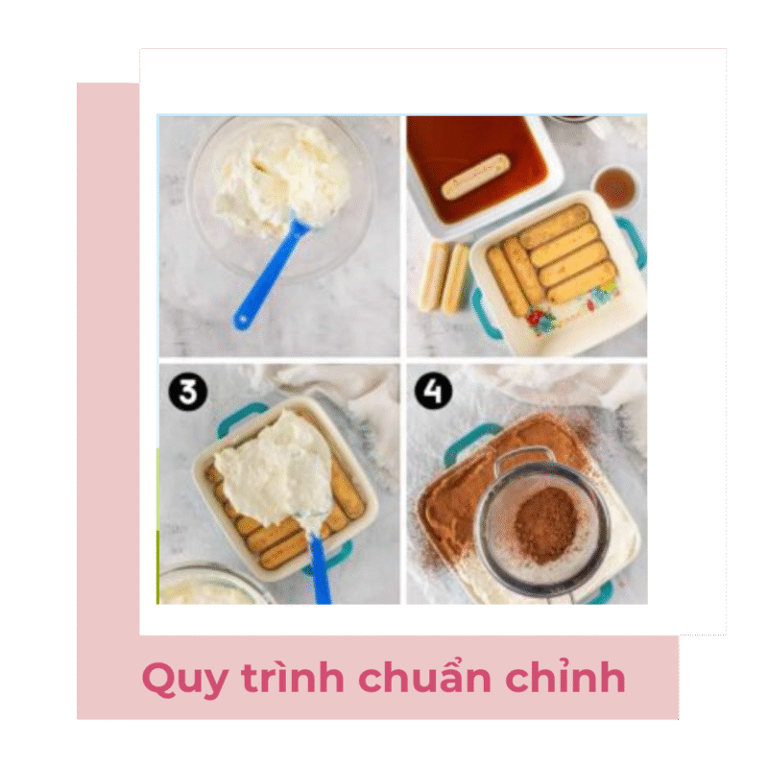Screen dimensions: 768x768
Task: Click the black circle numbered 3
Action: pyautogui.click(x=187, y=393)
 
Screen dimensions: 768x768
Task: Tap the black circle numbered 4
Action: pyautogui.click(x=434, y=391)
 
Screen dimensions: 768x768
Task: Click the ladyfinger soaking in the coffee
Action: pyautogui.click(x=475, y=176)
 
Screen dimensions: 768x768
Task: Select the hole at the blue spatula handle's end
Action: pyautogui.click(x=242, y=321)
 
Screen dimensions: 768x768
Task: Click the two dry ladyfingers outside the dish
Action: pyautogui.click(x=444, y=277)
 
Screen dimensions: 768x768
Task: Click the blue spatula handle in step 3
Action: pyautogui.click(x=319, y=569)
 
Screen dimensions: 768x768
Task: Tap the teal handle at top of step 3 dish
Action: pyautogui.click(x=242, y=418)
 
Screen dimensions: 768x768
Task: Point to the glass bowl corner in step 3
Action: pyautogui.click(x=210, y=586)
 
